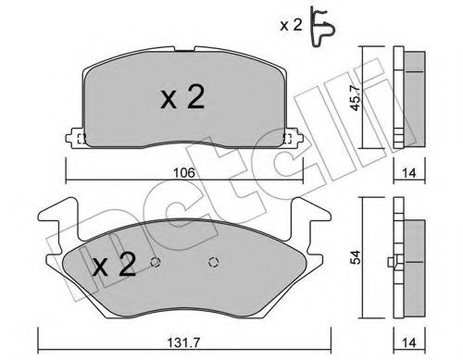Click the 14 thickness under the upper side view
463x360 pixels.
pyautogui.click(x=411, y=169)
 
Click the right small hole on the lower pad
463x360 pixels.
pyautogui.click(x=215, y=259)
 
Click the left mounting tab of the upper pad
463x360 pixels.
pyautogui.click(x=74, y=140)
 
